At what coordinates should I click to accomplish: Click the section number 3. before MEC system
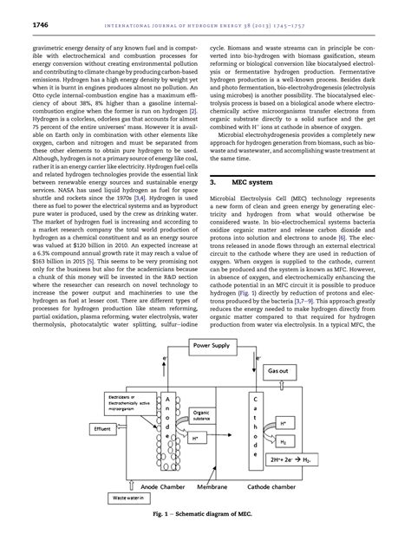[x=214, y=185]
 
